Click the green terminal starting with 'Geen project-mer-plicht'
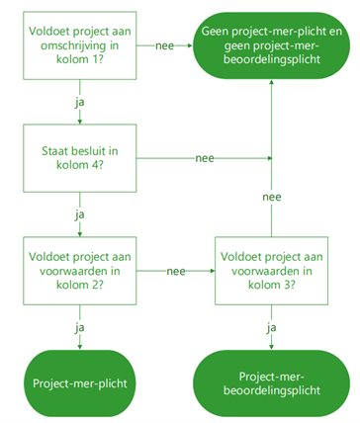click(271, 45)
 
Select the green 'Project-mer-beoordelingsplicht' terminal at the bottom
click(271, 382)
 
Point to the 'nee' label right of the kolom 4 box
click(205, 158)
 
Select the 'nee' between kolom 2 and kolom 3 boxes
click(176, 271)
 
